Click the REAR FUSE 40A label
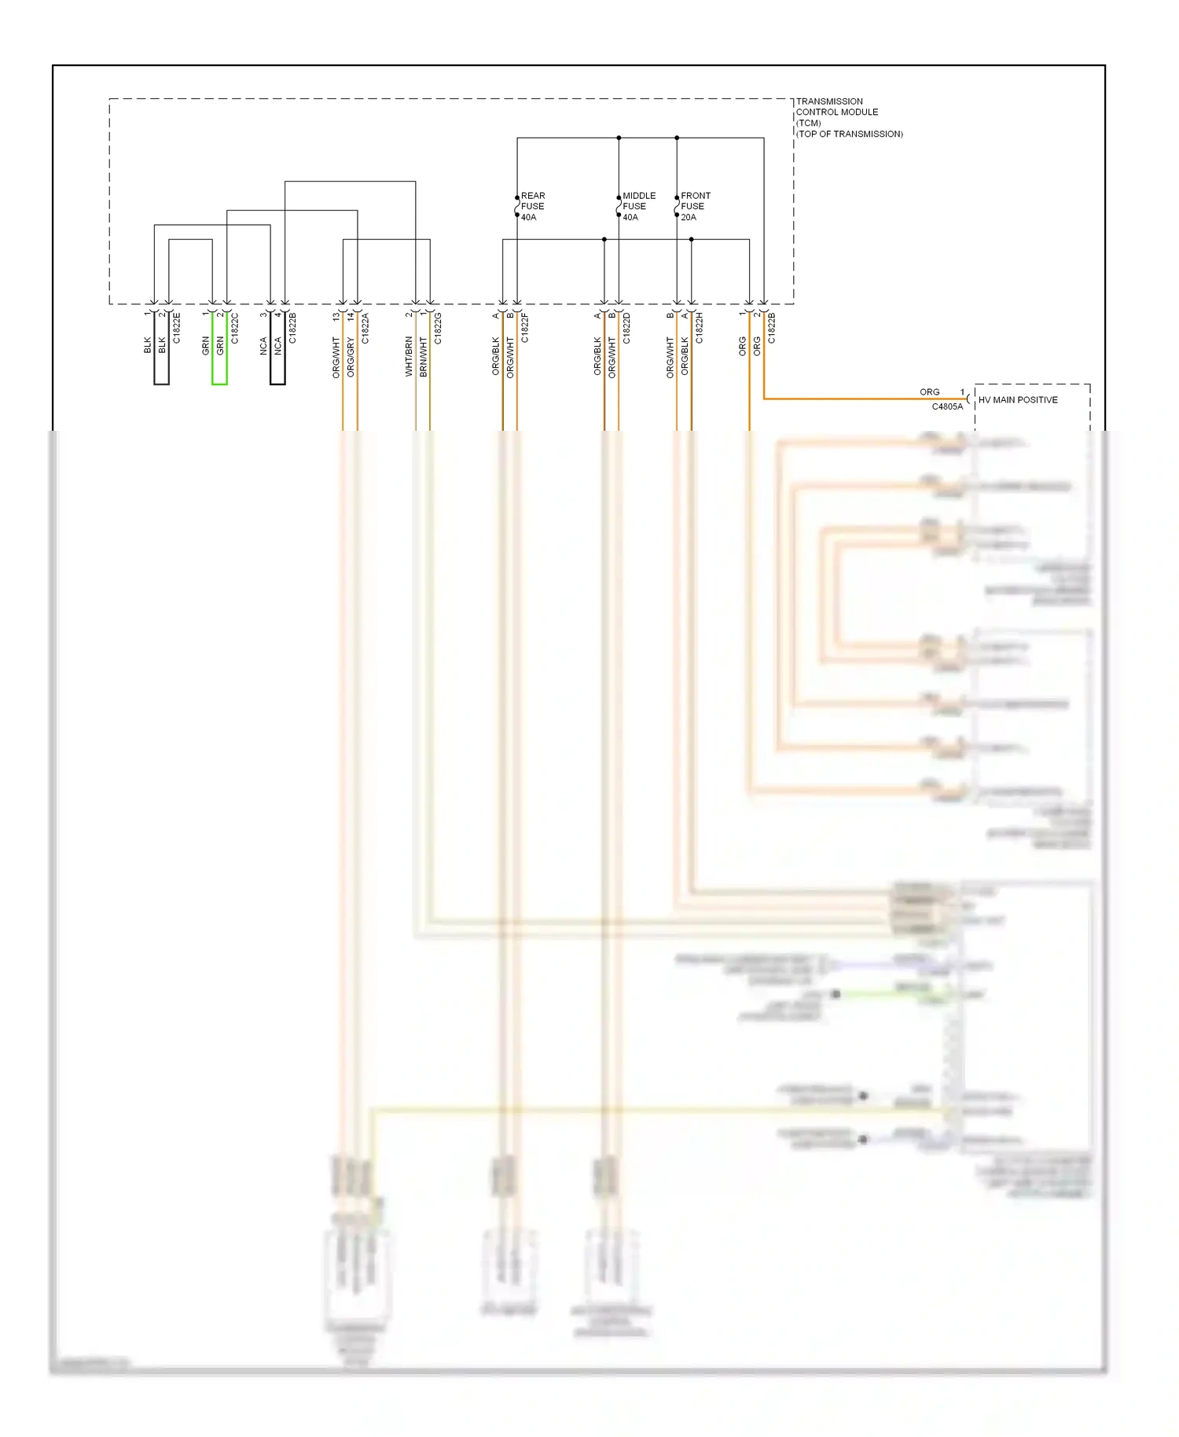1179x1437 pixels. point(532,206)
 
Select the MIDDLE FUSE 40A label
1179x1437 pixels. point(638,206)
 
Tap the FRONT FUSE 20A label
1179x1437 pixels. point(695,206)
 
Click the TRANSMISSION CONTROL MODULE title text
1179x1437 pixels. point(837,112)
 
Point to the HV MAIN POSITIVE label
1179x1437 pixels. point(1018,400)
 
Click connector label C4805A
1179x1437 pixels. point(947,407)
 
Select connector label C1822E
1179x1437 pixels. point(177,328)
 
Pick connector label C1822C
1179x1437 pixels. point(235,328)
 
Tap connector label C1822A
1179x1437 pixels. point(365,328)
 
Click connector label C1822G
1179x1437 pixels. point(438,328)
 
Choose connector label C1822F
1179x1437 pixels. point(525,328)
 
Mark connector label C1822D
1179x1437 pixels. point(626,328)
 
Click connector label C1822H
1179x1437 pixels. point(700,328)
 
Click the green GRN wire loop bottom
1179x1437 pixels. point(219,384)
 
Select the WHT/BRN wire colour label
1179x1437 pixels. point(409,356)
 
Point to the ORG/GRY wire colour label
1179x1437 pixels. point(351,358)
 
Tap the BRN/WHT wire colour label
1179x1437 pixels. point(424,356)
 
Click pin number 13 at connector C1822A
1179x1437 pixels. point(336,316)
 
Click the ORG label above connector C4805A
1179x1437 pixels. point(929,391)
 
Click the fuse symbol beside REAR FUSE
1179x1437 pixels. point(517,206)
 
